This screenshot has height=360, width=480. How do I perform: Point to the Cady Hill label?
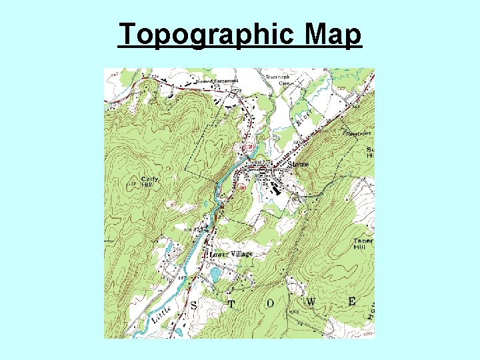(x=150, y=181)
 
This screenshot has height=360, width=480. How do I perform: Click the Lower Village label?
(x=231, y=254)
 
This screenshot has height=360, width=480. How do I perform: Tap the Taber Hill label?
(x=363, y=243)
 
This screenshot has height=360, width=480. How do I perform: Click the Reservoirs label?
(x=358, y=133)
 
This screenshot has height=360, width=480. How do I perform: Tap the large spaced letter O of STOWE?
(x=270, y=303)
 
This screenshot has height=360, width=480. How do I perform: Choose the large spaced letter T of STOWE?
(x=231, y=304)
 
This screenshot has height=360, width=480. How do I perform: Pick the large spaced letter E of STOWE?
(x=351, y=301)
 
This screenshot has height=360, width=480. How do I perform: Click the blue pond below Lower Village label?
(x=215, y=273)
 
